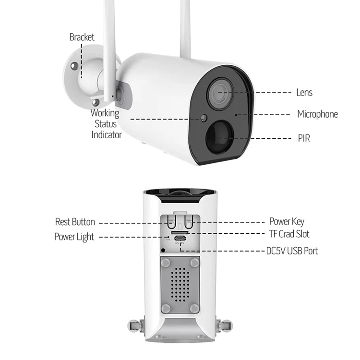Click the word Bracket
point(82,37)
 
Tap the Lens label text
point(304,92)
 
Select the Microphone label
point(317,114)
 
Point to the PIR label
point(304,138)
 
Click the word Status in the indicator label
point(106,124)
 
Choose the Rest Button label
point(75,222)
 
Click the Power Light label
point(74,237)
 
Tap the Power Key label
point(287,222)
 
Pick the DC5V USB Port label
point(292,251)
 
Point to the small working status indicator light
point(204,118)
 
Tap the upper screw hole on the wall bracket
point(73,66)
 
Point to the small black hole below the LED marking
point(164,250)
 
